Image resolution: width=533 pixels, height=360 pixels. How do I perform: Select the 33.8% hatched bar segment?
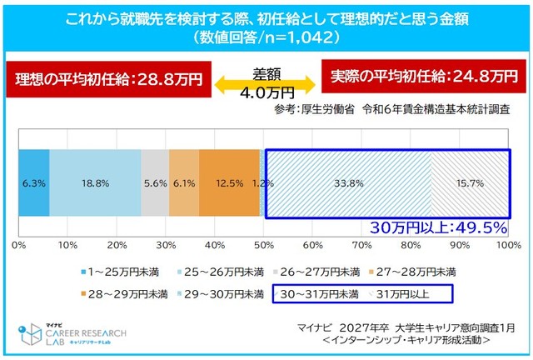tap(347, 182)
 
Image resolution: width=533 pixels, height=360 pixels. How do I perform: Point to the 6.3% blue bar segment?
tap(34, 182)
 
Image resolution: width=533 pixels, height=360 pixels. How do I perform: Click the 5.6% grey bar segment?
tap(155, 182)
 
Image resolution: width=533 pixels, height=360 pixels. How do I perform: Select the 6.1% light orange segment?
tap(184, 182)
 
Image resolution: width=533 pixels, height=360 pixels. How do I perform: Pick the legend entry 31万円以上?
tap(403, 294)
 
